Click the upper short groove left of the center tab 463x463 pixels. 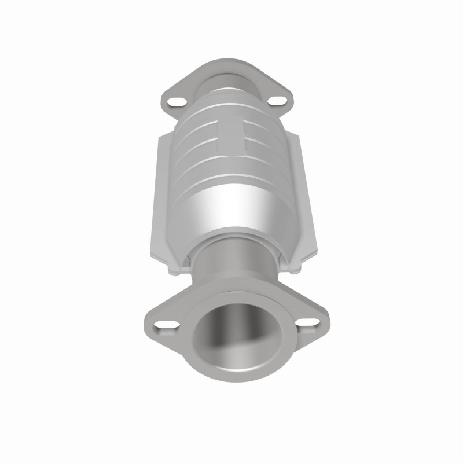(x=200, y=125)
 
